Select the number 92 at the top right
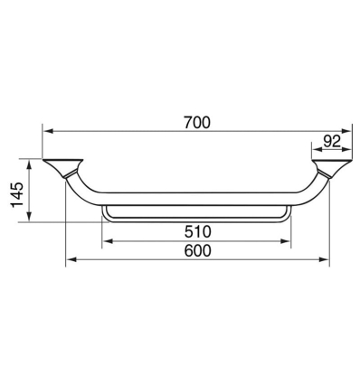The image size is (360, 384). pyautogui.click(x=331, y=140)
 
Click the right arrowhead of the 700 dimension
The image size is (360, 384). pyautogui.click(x=347, y=128)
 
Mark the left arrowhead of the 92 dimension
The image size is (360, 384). pyautogui.click(x=316, y=151)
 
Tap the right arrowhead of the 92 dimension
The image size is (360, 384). pyautogui.click(x=347, y=151)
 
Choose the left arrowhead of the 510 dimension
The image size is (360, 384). pyautogui.click(x=108, y=241)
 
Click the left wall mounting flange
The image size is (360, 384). pyautogui.click(x=62, y=166)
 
